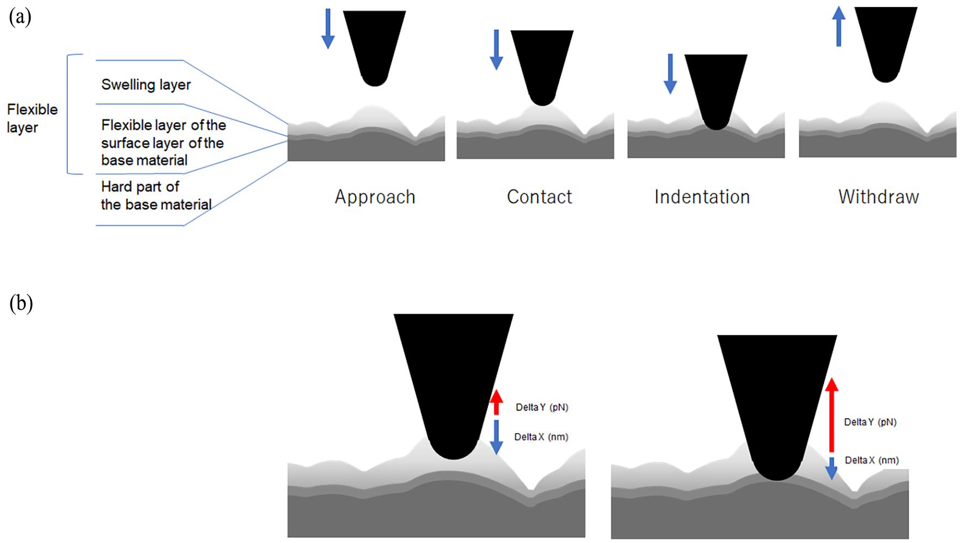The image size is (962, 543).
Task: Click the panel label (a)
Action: pyautogui.click(x=20, y=17)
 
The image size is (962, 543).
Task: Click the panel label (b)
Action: pyautogui.click(x=21, y=303)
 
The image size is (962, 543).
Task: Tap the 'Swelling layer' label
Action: pyautogui.click(x=146, y=85)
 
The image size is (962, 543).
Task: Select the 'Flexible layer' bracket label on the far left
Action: pyautogui.click(x=32, y=118)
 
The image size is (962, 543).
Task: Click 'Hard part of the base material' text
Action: pyautogui.click(x=156, y=196)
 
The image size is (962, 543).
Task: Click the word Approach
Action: pyautogui.click(x=375, y=197)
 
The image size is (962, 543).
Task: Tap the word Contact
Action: pyautogui.click(x=539, y=197)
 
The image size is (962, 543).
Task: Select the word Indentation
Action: pyautogui.click(x=702, y=197)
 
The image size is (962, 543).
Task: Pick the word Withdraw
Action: pyautogui.click(x=878, y=197)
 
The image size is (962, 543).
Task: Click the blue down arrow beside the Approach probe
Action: pyautogui.click(x=328, y=29)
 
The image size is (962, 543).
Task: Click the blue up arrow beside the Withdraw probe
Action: pyautogui.click(x=839, y=26)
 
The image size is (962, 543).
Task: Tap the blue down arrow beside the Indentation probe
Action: pyautogui.click(x=670, y=74)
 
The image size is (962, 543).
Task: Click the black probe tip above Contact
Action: pyautogui.click(x=542, y=68)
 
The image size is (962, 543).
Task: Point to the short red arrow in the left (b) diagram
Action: pyautogui.click(x=496, y=403)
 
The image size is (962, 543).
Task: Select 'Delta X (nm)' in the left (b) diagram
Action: pyautogui.click(x=541, y=437)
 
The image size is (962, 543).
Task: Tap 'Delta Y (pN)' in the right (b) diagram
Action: pyautogui.click(x=870, y=422)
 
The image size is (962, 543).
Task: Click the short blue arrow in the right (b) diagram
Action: pyautogui.click(x=831, y=468)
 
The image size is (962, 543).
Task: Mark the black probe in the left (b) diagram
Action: pyautogui.click(x=453, y=382)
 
